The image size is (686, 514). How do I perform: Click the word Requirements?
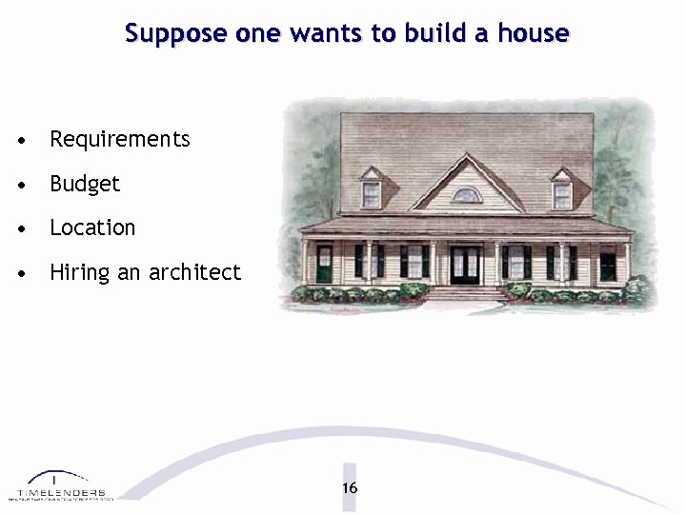pyautogui.click(x=120, y=139)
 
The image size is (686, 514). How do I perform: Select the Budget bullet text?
pyautogui.click(x=85, y=184)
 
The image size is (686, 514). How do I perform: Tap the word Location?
pyautogui.click(x=92, y=227)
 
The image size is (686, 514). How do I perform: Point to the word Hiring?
pyautogui.click(x=80, y=273)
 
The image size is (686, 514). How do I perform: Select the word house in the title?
pyautogui.click(x=535, y=34)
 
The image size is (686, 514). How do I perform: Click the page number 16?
pyautogui.click(x=350, y=487)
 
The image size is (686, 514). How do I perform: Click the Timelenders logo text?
pyautogui.click(x=61, y=492)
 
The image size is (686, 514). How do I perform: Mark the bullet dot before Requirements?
pyautogui.click(x=20, y=141)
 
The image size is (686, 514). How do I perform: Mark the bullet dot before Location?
pyautogui.click(x=20, y=229)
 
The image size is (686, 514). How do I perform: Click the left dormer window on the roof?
pyautogui.click(x=371, y=193)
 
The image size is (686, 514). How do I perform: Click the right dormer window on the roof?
pyautogui.click(x=562, y=193)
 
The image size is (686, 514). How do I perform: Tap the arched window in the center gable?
pyautogui.click(x=466, y=195)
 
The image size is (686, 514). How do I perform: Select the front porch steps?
pyautogui.click(x=466, y=293)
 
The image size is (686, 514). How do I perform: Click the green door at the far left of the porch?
pyautogui.click(x=325, y=264)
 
